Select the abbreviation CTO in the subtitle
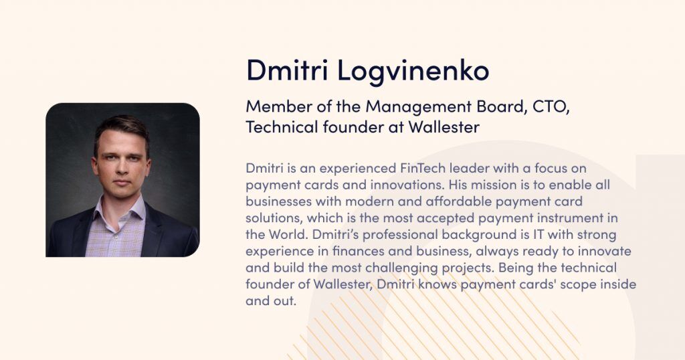click(550, 106)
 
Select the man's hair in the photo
click(120, 126)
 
